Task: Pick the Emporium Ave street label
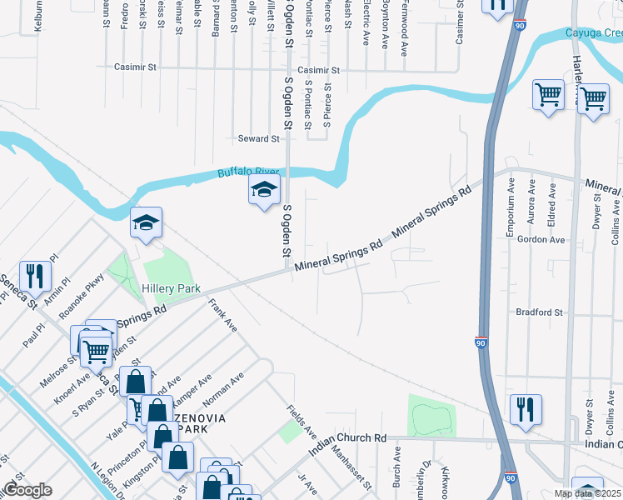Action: [x=511, y=214]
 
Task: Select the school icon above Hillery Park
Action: [x=146, y=222]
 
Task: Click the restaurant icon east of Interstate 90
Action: [x=526, y=409]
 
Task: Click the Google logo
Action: [x=27, y=490]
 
